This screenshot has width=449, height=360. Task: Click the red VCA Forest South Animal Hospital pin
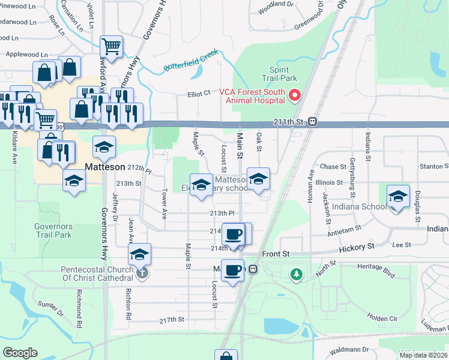click(x=295, y=95)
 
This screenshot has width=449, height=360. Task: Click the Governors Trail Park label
click(x=53, y=230)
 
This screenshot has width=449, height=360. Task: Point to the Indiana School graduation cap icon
click(x=398, y=196)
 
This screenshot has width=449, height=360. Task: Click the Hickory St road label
click(x=356, y=247)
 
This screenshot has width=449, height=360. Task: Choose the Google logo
click(x=20, y=353)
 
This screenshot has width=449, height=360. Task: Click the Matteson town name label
click(x=106, y=166)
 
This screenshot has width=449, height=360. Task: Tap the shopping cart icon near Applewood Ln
click(x=111, y=46)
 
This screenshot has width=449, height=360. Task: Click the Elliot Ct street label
click(x=199, y=94)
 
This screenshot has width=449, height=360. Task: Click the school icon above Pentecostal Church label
click(x=140, y=254)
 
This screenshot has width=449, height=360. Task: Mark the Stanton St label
click(x=434, y=166)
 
